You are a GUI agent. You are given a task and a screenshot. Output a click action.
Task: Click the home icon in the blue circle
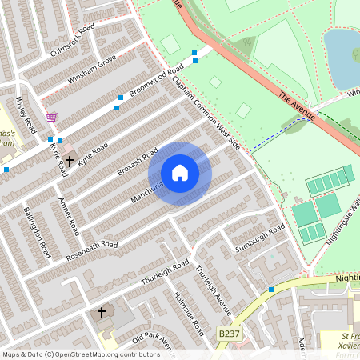click(x=179, y=172)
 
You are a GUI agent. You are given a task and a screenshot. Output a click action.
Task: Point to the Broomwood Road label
click(x=157, y=83)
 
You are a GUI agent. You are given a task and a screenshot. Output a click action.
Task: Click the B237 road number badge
click(x=229, y=332)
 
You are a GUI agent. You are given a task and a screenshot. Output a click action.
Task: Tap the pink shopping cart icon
click(x=52, y=117)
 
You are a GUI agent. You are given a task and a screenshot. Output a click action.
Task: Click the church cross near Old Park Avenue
click(x=102, y=312)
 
